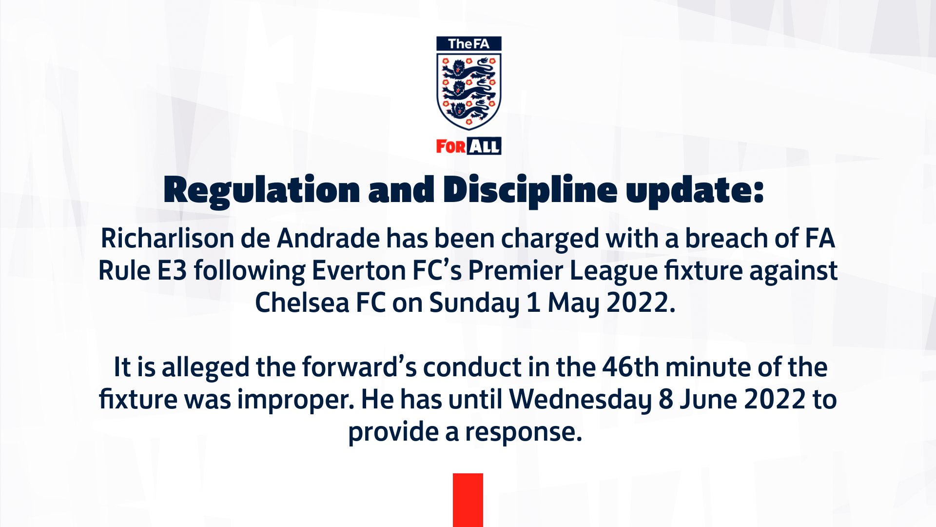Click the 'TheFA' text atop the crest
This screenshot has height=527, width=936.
point(468,44)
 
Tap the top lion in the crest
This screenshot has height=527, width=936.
point(468,70)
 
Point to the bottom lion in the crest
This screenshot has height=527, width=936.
point(468,112)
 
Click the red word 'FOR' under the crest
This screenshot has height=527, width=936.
point(450,146)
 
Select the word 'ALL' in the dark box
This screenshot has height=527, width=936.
point(484,146)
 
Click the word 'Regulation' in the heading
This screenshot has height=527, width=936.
point(262,190)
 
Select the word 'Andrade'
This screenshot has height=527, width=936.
point(328,239)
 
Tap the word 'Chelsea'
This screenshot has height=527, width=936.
point(302,303)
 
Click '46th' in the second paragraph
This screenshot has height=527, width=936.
point(630,367)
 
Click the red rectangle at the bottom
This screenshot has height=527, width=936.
point(468,500)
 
